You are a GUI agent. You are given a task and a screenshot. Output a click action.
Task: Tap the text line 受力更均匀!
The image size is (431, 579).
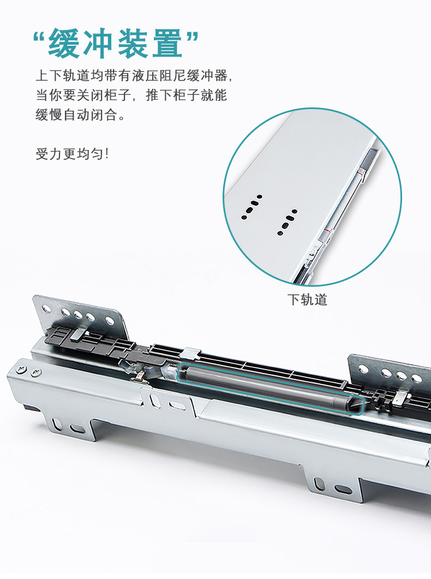pos(73,154)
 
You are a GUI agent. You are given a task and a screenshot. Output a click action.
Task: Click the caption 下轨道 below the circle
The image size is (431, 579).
pos(307,299)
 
